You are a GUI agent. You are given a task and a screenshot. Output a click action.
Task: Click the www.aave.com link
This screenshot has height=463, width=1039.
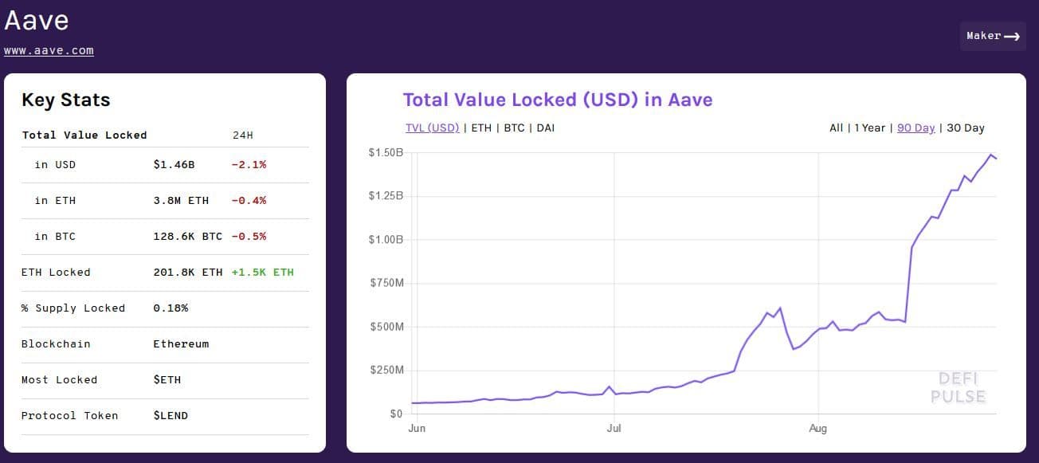[x=49, y=51]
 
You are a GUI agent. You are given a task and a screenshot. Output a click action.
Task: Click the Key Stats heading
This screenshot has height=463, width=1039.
[x=65, y=100]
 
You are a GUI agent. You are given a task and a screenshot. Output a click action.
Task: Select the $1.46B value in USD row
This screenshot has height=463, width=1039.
[x=174, y=165]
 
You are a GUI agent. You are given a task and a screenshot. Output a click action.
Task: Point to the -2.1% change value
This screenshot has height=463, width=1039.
[x=249, y=165]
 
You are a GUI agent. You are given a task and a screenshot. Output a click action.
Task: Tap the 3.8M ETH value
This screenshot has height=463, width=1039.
[x=181, y=201]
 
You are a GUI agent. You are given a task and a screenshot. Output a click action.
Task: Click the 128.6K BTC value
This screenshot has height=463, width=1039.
[x=187, y=237]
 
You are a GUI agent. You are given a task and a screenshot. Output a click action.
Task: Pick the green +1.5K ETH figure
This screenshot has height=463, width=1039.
[x=262, y=273]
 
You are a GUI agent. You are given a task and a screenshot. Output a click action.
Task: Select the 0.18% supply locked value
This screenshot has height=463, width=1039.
[x=171, y=308]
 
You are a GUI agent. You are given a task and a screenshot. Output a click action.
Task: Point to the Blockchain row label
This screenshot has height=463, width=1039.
[x=56, y=344]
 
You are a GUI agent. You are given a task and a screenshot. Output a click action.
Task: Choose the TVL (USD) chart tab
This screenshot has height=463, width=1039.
[x=432, y=128]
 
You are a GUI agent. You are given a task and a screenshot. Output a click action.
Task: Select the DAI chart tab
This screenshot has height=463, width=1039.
[x=545, y=128]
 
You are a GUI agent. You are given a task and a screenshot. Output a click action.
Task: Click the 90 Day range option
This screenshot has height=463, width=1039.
[x=915, y=128]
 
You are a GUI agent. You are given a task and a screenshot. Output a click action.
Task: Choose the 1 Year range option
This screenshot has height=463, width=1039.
[x=869, y=128]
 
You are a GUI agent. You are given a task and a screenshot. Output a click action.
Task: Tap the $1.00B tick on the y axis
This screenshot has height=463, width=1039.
[x=386, y=239]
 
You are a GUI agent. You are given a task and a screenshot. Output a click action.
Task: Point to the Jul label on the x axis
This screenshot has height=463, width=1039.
[x=614, y=429]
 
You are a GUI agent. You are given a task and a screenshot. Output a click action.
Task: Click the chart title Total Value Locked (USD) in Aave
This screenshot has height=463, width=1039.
[x=557, y=100]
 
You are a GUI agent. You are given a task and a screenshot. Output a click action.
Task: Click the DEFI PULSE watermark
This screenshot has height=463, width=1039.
[x=958, y=387]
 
